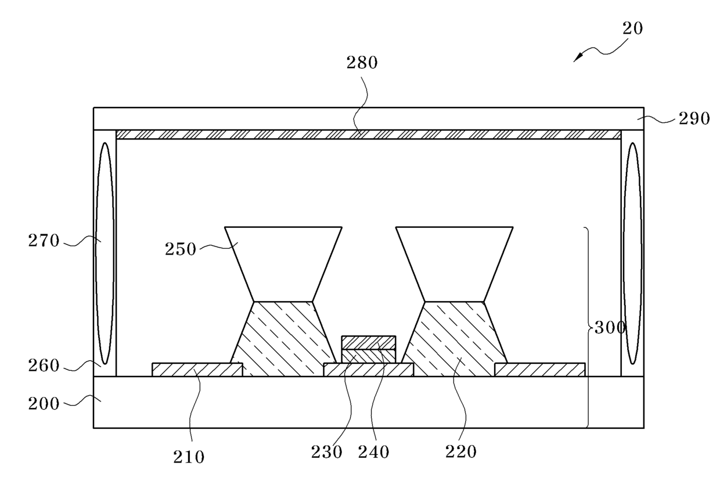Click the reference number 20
(633, 28)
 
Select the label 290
(694, 119)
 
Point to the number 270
(44, 240)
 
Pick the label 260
(44, 366)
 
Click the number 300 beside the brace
(609, 328)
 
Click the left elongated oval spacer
(105, 253)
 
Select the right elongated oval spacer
(632, 253)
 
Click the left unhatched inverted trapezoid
(283, 262)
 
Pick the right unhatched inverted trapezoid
(455, 262)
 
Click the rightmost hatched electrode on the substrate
(540, 370)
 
